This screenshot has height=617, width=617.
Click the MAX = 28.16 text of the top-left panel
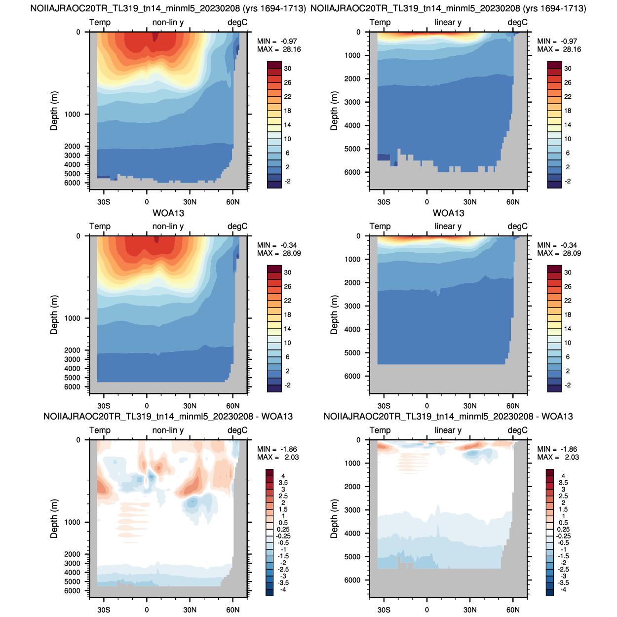point(279,49)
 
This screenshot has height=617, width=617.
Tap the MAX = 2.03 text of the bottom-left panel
point(278,457)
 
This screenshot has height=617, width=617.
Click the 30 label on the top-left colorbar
point(288,69)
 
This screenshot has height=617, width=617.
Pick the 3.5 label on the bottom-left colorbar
point(283,483)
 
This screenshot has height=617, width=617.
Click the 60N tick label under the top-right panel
point(513,202)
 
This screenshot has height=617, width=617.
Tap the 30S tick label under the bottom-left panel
point(104,610)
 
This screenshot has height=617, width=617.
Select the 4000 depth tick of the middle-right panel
point(352,329)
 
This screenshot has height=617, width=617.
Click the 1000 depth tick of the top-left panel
point(73,115)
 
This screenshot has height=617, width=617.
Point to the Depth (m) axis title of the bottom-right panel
point(334,519)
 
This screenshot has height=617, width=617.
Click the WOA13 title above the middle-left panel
point(168,213)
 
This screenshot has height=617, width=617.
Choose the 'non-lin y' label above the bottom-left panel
point(168,430)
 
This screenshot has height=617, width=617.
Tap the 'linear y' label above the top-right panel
point(448,22)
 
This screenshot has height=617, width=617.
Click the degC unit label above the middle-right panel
point(517,227)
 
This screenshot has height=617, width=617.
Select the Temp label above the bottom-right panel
point(380,430)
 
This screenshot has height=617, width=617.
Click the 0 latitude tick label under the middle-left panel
point(147,406)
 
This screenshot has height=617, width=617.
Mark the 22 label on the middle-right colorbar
point(568,301)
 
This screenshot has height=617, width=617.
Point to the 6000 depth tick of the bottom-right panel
point(352,580)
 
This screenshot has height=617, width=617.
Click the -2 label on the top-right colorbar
point(568,181)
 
